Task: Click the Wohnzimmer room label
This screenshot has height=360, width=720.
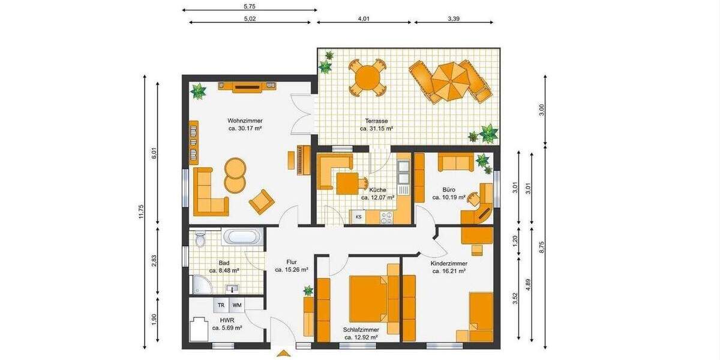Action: (x=245, y=121)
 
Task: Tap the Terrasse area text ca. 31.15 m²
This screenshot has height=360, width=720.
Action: (x=376, y=128)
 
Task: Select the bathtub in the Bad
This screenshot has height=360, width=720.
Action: (x=242, y=237)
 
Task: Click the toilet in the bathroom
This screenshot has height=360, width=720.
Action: (x=200, y=239)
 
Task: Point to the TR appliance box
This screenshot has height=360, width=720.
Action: (x=221, y=305)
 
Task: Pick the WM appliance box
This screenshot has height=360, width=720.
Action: (x=237, y=305)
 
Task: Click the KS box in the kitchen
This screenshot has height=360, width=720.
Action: (x=359, y=217)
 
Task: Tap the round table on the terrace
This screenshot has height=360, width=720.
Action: (x=367, y=77)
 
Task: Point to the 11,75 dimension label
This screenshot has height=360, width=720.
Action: (x=142, y=213)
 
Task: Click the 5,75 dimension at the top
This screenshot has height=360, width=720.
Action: (x=249, y=6)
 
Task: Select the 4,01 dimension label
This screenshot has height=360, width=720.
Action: (x=364, y=19)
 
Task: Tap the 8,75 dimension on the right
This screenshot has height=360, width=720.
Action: (x=541, y=247)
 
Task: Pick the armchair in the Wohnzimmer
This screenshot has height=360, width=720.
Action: (x=262, y=202)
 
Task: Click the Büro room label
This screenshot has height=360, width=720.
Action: (x=448, y=189)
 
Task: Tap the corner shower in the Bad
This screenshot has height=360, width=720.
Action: (x=200, y=284)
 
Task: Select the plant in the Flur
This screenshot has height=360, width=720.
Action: (x=308, y=291)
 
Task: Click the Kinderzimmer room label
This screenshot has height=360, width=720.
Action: (x=449, y=263)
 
